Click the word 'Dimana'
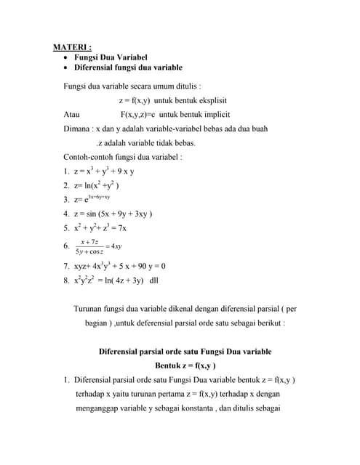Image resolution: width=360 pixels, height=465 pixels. (x=78, y=129)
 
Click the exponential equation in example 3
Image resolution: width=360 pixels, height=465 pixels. (x=92, y=198)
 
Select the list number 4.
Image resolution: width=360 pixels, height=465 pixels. (x=66, y=214)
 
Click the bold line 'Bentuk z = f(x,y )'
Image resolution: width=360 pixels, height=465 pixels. (x=185, y=365)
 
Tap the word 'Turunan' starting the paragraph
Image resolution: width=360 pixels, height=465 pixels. (x=89, y=309)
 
